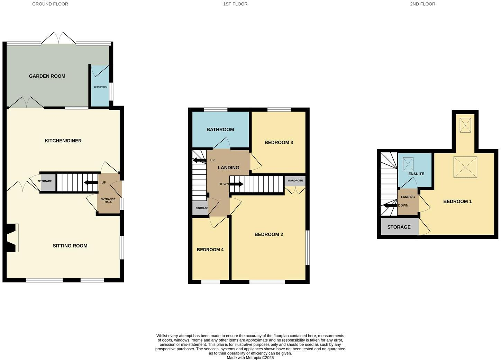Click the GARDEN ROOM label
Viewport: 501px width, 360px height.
click(47, 76)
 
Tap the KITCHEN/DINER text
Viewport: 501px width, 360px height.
click(63, 141)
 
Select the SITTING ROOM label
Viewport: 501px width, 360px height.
click(70, 246)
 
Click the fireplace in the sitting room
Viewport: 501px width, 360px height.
click(12, 238)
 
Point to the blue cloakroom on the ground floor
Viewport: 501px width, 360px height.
click(100, 87)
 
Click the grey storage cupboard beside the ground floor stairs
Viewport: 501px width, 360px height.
click(47, 182)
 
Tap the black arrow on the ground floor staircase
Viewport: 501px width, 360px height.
click(91, 183)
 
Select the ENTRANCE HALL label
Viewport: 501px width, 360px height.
click(108, 200)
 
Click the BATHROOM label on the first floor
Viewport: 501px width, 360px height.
click(220, 129)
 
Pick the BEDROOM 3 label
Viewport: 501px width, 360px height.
click(279, 142)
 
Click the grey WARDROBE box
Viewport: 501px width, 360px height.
click(295, 181)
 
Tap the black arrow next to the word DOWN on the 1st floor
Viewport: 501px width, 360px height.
click(236, 184)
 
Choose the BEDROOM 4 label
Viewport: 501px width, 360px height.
click(210, 250)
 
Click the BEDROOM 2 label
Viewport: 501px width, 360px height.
click(268, 234)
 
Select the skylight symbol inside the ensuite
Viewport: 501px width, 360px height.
click(408, 164)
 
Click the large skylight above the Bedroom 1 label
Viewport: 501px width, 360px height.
click(465, 167)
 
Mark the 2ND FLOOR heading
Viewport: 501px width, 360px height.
click(422, 4)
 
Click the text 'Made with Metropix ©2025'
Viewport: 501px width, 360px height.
click(250, 358)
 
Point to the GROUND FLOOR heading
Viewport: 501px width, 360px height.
click(50, 4)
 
